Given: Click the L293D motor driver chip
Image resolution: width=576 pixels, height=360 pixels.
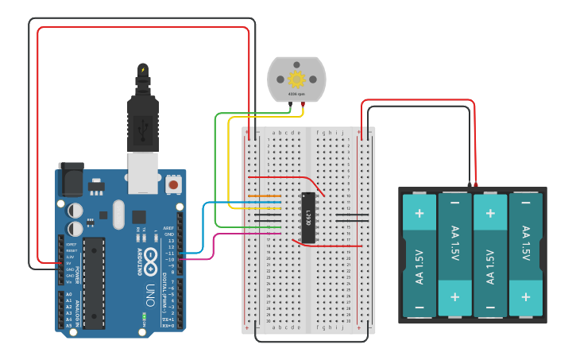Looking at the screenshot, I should click(308, 218).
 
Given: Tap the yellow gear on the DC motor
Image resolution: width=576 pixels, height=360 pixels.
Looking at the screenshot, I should click(297, 79).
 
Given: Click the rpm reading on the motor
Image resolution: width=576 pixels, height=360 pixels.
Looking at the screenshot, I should click(296, 95).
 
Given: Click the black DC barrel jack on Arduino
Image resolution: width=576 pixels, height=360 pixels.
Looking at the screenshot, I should click(72, 180).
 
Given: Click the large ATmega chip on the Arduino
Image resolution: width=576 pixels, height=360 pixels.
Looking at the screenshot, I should click(94, 283).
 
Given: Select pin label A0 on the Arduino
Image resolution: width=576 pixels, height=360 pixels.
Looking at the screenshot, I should click(68, 294).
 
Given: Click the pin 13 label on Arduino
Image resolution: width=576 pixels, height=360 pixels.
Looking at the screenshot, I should click(169, 241).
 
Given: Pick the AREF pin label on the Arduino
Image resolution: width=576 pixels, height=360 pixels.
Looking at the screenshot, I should click(168, 228).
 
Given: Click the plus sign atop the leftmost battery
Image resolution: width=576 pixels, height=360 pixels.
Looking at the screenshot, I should click(419, 213).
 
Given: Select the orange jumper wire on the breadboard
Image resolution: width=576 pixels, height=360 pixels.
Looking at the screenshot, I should click(265, 195).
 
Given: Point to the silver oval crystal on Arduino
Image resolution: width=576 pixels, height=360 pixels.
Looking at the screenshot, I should click(118, 214).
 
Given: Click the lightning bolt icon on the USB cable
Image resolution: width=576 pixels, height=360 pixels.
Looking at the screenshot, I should click(143, 70).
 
